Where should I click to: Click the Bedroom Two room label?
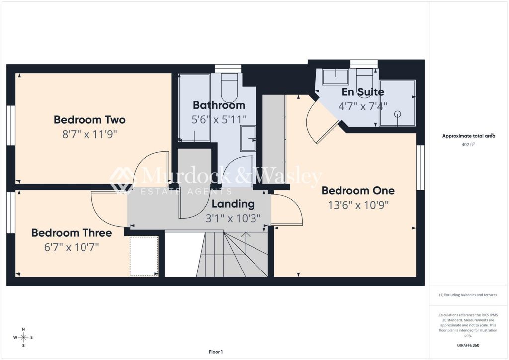point(89,120)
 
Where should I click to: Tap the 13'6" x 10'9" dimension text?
point(358,205)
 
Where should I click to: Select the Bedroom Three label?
point(72,233)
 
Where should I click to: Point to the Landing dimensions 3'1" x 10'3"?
point(233,218)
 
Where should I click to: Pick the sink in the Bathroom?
point(248,139)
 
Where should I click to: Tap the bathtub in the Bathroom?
point(195,107)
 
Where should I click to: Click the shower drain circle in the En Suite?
point(398,114)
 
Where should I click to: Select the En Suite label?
point(363,92)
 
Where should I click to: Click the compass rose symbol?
point(23,337)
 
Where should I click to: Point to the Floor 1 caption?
point(216,352)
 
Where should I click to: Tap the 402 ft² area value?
point(468,145)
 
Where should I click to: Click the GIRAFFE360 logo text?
point(468,345)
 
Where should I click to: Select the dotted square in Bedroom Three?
point(144,257)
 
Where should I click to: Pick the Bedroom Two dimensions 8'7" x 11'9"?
point(89,134)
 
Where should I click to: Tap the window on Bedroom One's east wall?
point(421,168)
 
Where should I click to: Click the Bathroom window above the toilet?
point(228,68)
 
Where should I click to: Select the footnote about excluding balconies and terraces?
point(468,295)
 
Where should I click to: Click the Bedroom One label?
point(358,191)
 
